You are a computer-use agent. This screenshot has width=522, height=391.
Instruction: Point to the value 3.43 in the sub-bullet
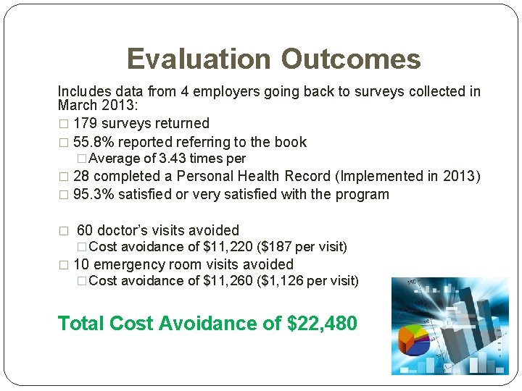[x=173, y=159]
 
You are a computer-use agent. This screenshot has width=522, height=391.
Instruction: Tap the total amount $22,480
[x=322, y=323]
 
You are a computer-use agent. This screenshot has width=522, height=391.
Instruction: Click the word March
[x=78, y=106]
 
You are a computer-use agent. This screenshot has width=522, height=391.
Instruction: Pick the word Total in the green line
[x=81, y=323]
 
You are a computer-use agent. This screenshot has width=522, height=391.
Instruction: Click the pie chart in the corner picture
[x=415, y=340]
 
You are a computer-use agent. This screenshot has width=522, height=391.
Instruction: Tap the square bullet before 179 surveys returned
[x=62, y=124]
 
